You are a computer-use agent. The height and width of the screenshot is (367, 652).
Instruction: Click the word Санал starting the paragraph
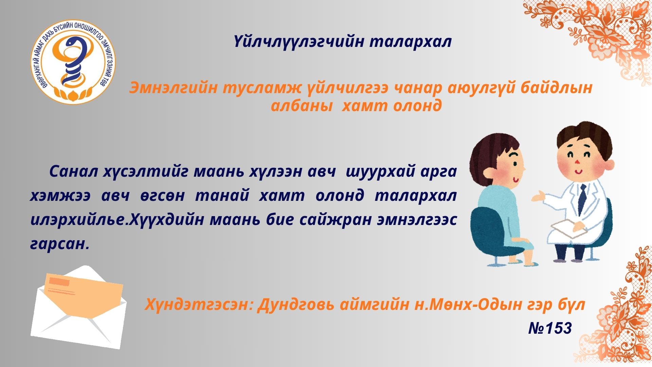coord(73,172)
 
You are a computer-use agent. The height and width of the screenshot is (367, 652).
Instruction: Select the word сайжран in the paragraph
coord(336,220)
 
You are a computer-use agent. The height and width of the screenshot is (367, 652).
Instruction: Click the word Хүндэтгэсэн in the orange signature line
coord(199,305)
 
